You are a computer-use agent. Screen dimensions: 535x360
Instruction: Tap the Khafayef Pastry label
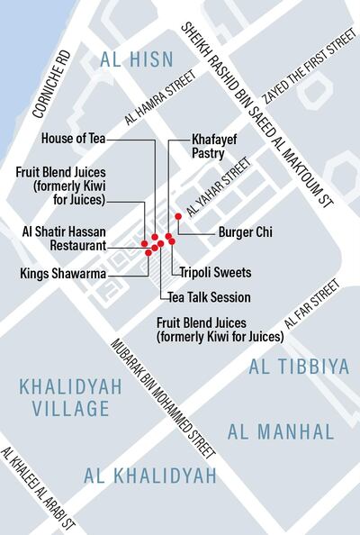[x=215, y=147]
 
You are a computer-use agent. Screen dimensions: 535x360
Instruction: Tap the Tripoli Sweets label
[x=215, y=272]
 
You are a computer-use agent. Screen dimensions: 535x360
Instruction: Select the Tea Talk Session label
[x=209, y=297]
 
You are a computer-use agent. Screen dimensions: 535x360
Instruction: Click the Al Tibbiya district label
[x=291, y=367]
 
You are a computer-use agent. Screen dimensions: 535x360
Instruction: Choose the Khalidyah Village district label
[x=64, y=397]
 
